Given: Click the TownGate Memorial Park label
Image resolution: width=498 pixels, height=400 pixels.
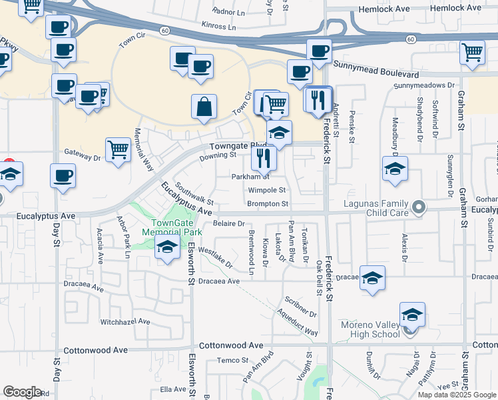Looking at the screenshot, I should (172, 227).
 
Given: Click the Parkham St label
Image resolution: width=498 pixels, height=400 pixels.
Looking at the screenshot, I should (250, 177).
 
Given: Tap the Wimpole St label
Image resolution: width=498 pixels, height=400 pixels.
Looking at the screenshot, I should (266, 191).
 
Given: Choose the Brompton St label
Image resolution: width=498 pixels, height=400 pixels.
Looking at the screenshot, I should (267, 204).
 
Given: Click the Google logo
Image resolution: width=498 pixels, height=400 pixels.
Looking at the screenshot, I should (22, 391).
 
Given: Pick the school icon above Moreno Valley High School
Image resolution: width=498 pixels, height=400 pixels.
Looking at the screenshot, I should (413, 314).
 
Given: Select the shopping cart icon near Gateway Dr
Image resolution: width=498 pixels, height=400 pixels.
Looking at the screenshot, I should (118, 150).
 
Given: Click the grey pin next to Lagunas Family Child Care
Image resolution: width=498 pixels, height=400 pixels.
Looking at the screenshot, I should (419, 208).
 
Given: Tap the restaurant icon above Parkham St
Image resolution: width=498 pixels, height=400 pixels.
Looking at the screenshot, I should (264, 158).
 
